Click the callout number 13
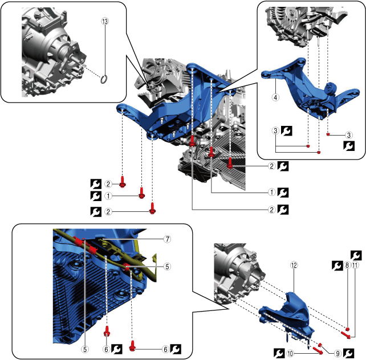(105, 21)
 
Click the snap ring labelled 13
(104, 79)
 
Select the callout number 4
(275, 97)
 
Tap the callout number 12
(294, 265)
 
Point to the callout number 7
(167, 239)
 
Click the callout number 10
(290, 354)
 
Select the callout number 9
(337, 354)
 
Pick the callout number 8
(347, 265)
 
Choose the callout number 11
(355, 265)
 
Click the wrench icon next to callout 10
(279, 353)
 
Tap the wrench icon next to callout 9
(349, 353)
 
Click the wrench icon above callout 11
(356, 255)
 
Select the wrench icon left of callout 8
(337, 265)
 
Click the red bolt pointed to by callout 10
(318, 349)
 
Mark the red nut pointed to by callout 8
(347, 329)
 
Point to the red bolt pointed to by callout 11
(346, 335)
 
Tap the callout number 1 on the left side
(108, 196)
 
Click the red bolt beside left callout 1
(142, 193)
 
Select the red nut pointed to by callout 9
(320, 345)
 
